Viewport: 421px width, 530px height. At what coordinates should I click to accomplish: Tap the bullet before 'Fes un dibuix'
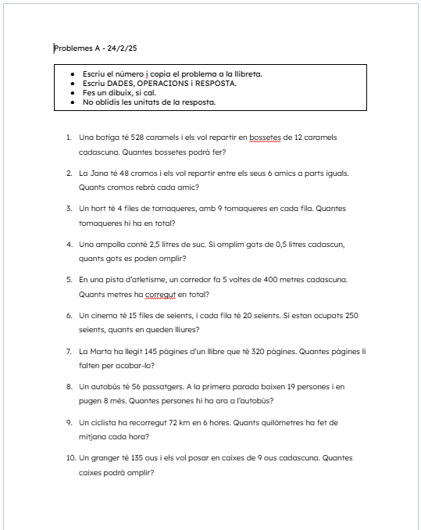coord(73,93)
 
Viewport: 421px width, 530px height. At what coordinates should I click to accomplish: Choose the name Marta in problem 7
coord(105,352)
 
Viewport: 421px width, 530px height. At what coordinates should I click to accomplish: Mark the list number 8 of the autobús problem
coord(69,387)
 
